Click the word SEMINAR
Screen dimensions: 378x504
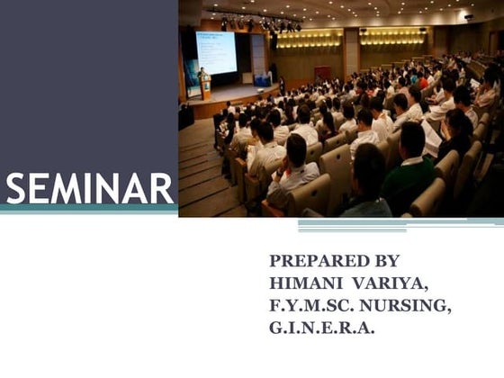pos(88,189)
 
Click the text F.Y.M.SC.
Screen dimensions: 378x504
pos(311,306)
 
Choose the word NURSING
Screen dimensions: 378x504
pos(407,306)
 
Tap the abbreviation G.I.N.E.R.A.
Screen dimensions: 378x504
pos(321,328)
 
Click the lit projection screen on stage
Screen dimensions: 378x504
pos(216,51)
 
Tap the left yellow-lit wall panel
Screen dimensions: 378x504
pos(310,40)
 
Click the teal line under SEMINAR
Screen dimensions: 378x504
pos(88,210)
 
